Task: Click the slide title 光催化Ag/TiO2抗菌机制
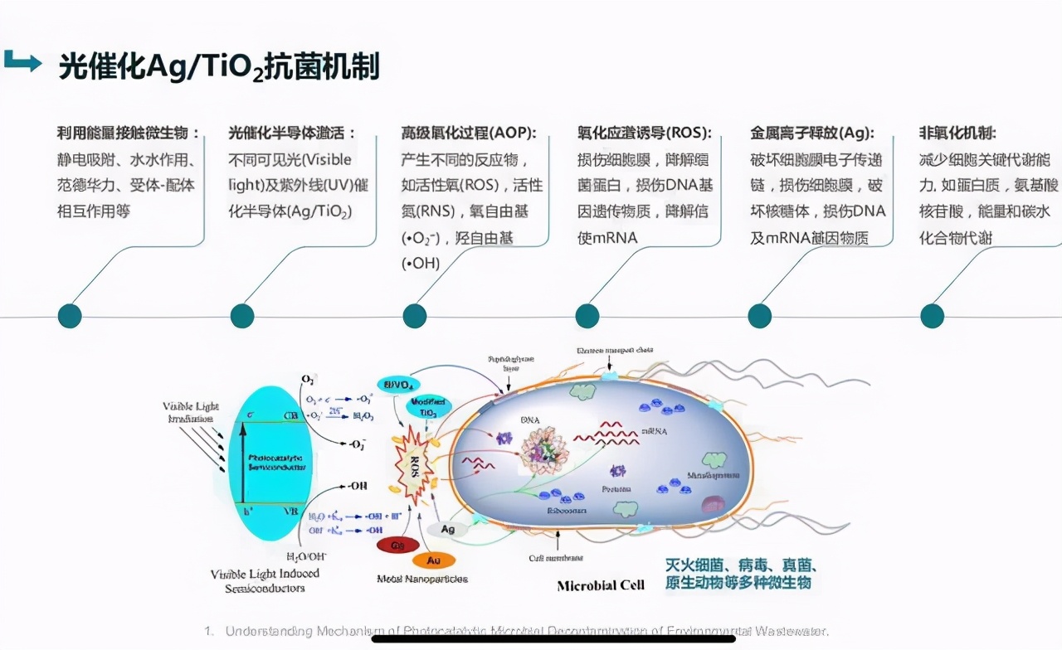point(218,67)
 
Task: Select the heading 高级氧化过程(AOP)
point(469,133)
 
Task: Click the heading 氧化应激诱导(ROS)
point(644,133)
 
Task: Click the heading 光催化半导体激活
point(292,133)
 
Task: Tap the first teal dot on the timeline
point(70,316)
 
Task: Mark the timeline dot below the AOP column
point(415,316)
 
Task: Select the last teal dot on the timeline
point(933,316)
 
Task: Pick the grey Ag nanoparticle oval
point(447,529)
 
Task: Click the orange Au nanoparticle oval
point(434,560)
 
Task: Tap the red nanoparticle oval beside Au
point(397,546)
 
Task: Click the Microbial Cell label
point(601,585)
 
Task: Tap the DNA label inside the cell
point(530,420)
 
